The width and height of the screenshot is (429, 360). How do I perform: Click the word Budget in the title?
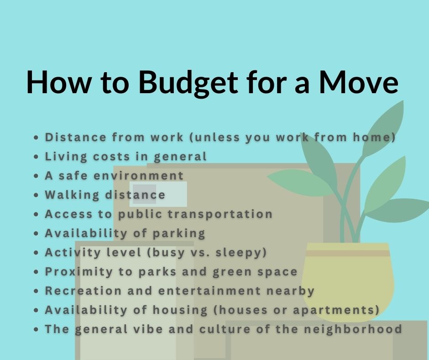[x=188, y=83]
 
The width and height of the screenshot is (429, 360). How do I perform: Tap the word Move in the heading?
[x=358, y=83]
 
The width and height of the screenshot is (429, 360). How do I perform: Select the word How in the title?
[x=58, y=83]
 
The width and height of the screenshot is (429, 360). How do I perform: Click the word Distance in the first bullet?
[x=75, y=137]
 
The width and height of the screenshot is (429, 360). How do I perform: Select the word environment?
[x=138, y=175]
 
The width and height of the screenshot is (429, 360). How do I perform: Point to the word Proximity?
[x=79, y=272]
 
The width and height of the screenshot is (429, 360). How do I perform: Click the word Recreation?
[x=83, y=291]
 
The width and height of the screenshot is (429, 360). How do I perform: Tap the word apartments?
[x=334, y=310]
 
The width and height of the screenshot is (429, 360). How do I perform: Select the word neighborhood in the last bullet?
[x=353, y=329]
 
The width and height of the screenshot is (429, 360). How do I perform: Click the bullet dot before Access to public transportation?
[x=37, y=214]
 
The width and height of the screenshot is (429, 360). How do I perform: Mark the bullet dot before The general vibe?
[x=37, y=329]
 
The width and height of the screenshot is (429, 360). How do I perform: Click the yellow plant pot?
[x=348, y=282]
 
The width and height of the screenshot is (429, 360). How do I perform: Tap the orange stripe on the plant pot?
[x=347, y=253]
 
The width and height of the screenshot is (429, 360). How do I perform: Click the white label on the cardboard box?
[x=158, y=194]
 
